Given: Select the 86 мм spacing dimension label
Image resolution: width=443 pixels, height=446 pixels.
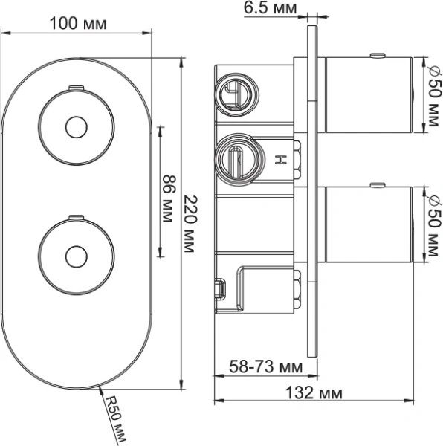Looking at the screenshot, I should (x=169, y=191).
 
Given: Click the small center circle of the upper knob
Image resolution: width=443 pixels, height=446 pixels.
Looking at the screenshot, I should (x=74, y=127).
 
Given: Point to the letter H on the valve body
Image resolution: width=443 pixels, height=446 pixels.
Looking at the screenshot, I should (x=281, y=159).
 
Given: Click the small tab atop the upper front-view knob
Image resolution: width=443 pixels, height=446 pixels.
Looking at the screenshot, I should (x=74, y=88).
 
